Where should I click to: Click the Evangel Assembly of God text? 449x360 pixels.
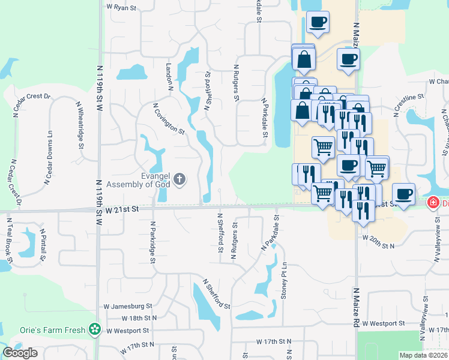139,180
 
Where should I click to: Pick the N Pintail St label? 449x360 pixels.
43,245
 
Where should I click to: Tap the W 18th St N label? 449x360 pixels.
139,318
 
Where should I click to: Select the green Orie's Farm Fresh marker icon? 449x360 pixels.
94,329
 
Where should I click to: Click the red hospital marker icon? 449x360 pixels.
432,203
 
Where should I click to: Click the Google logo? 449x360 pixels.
20,353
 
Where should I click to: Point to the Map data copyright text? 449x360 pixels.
423,355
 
